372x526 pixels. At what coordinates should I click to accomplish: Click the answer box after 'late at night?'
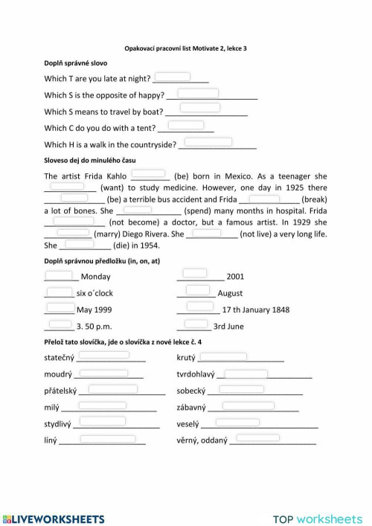(172, 76)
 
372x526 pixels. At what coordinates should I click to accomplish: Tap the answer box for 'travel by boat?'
(199, 109)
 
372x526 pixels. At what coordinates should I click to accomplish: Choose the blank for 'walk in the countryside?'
(208, 141)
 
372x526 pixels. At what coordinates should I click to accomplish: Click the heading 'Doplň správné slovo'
(75, 62)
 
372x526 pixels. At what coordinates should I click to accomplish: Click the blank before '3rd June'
(196, 324)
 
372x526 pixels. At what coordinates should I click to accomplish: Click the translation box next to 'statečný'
(109, 356)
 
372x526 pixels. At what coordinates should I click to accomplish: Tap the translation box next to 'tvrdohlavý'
(246, 373)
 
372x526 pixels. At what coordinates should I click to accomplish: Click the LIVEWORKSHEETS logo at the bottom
(53, 519)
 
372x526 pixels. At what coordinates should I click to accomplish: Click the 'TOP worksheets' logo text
(318, 519)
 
